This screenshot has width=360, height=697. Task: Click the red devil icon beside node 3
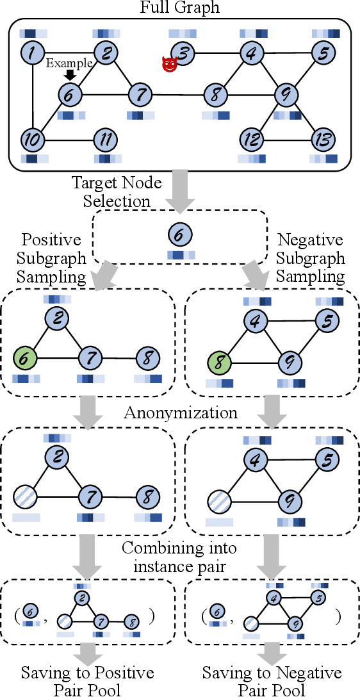click(169, 64)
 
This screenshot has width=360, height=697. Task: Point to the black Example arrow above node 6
click(70, 76)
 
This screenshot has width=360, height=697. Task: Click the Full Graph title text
click(179, 8)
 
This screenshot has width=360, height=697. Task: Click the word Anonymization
click(179, 413)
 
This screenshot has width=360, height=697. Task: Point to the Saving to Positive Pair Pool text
click(87, 681)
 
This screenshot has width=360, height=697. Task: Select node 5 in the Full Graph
click(325, 52)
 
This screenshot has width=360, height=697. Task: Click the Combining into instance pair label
click(179, 557)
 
